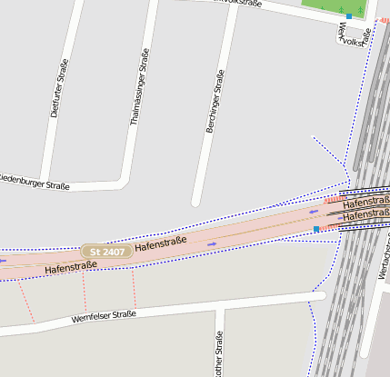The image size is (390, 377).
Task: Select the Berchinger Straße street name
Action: [x=215, y=103]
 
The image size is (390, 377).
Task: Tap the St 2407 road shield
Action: [x=106, y=250]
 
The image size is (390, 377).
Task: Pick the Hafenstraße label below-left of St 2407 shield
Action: [x=70, y=267]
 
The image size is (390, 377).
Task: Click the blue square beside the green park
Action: [x=349, y=15]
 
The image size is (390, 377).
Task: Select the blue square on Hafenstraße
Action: [x=316, y=230]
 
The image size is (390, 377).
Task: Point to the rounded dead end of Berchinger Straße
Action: [x=195, y=202]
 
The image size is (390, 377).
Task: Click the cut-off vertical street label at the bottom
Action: [x=218, y=357]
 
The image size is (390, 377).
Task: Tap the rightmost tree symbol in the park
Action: [x=360, y=8]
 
